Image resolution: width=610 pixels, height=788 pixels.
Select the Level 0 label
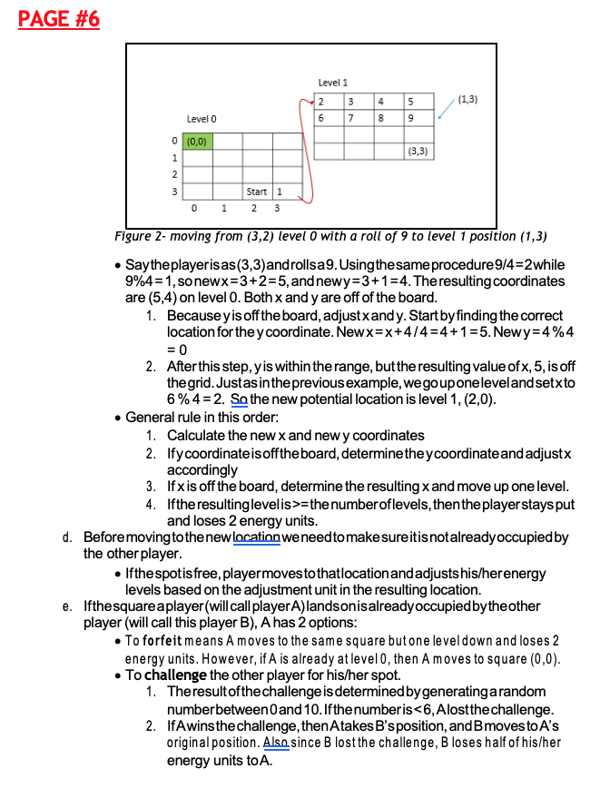tap(202, 119)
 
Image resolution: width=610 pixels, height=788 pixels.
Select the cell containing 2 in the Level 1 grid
tap(322, 101)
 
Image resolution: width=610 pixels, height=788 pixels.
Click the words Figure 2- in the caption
tap(142, 237)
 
